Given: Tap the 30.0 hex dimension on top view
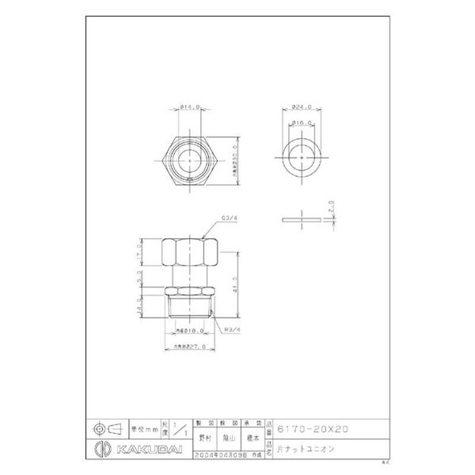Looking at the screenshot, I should tap(235, 159).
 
